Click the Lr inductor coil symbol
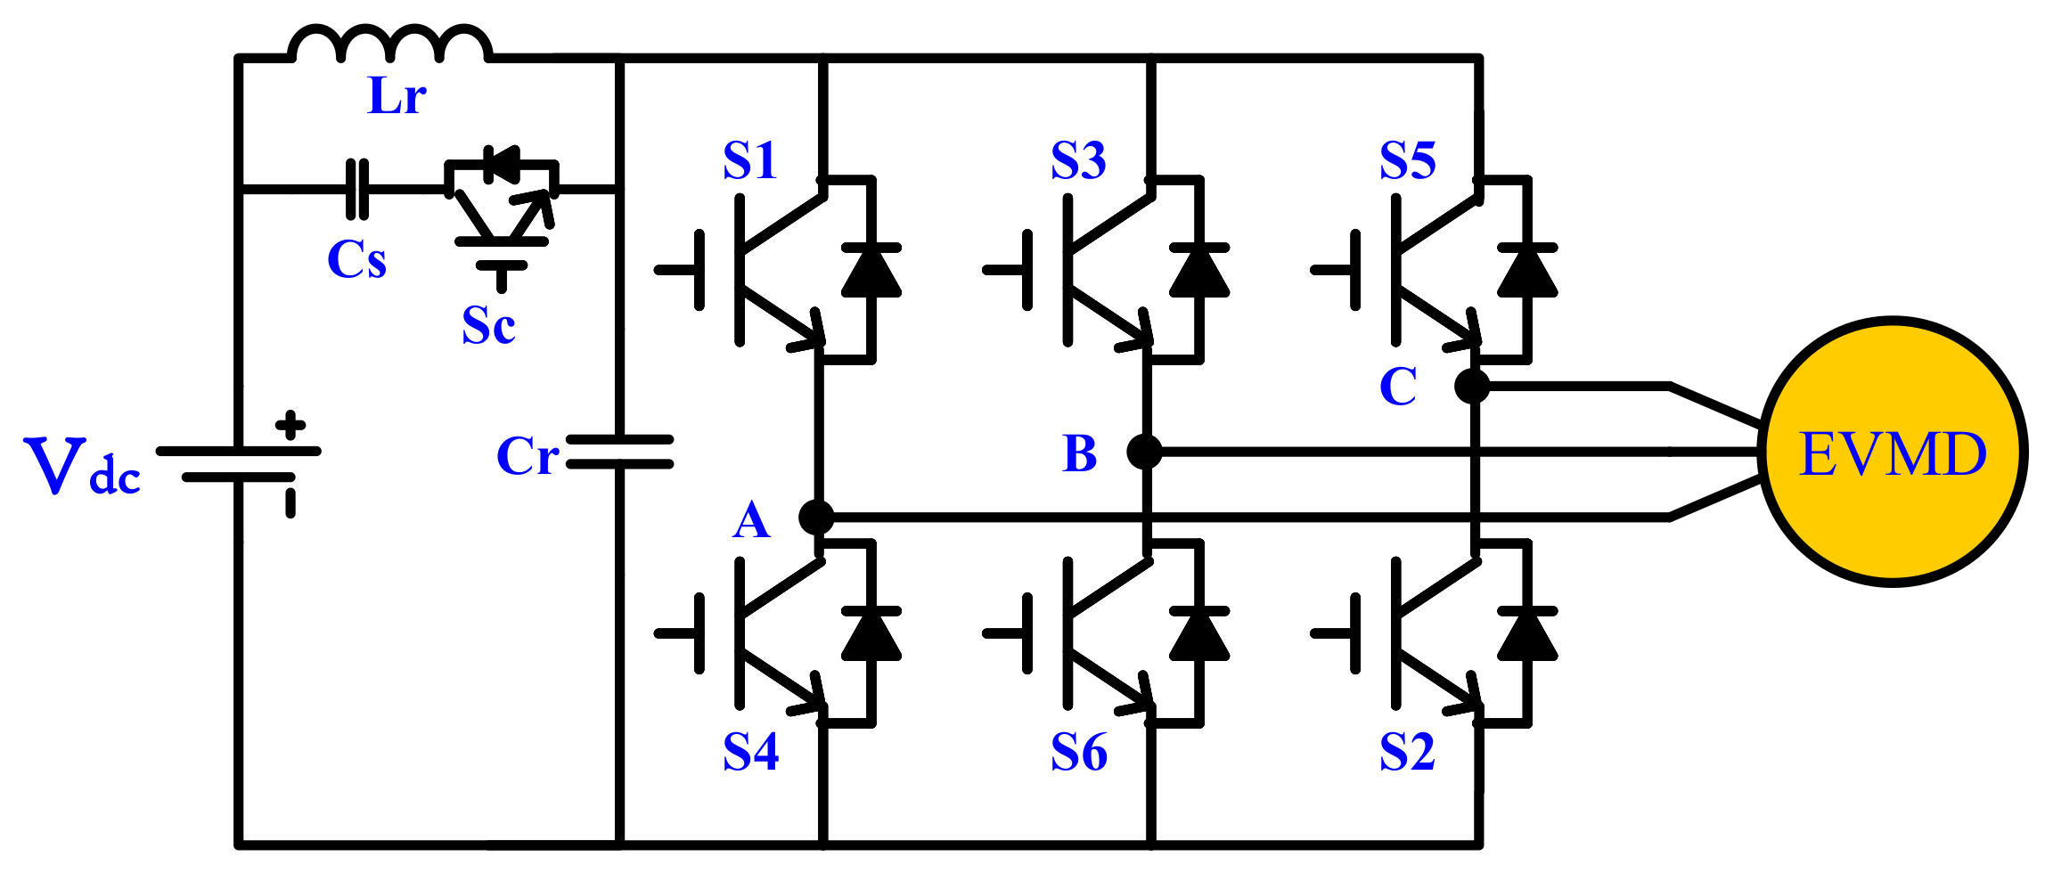tap(389, 45)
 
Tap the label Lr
tap(397, 96)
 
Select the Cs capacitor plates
tap(356, 189)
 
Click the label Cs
tap(356, 260)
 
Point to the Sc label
tap(488, 326)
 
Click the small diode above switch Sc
tap(502, 164)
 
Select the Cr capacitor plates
tap(619, 452)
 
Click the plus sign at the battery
tap(290, 425)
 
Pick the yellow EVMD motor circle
tap(1893, 453)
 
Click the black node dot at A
tap(816, 517)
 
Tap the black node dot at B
tap(1144, 452)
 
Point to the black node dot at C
tap(1472, 386)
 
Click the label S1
tap(750, 161)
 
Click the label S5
tap(1408, 161)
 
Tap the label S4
tap(750, 753)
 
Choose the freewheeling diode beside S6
tap(1199, 635)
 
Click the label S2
tap(1408, 753)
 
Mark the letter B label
tap(1080, 454)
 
